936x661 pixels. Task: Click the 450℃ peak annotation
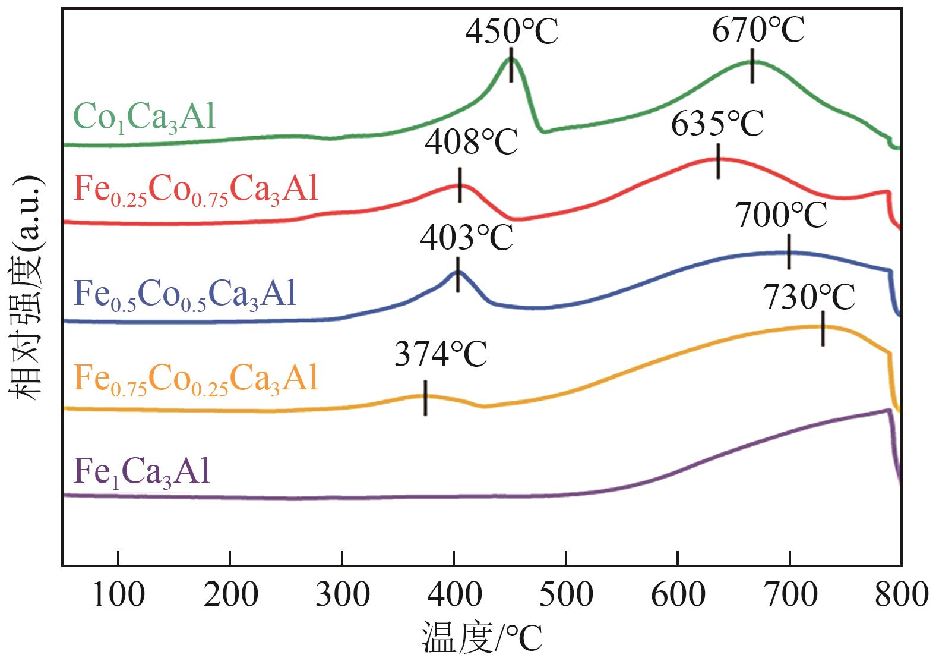[511, 32]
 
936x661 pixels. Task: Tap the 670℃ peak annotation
[758, 30]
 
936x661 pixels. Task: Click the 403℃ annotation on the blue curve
[466, 238]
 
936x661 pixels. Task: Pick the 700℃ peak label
[781, 215]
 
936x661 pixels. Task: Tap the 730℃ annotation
[809, 297]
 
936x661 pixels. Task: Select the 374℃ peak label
[441, 356]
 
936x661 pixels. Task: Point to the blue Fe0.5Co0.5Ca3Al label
[185, 295]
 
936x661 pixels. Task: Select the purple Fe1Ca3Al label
[141, 472]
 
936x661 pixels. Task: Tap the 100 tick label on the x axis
[118, 594]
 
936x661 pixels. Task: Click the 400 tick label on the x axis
[454, 594]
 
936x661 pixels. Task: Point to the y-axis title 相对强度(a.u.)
[25, 289]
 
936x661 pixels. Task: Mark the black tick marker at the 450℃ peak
[511, 65]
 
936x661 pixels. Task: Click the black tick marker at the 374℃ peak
[425, 398]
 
